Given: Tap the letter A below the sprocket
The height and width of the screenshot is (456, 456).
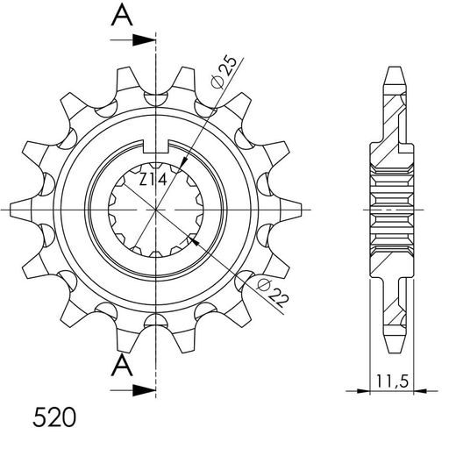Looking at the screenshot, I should [x=124, y=365].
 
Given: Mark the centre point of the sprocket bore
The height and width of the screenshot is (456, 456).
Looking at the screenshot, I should [x=157, y=210].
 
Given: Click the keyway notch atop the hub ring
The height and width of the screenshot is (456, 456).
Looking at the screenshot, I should [x=157, y=138].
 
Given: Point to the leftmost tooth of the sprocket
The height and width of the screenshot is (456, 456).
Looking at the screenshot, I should [x=22, y=210].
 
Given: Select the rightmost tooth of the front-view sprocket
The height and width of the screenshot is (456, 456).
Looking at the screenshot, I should [x=292, y=210].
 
